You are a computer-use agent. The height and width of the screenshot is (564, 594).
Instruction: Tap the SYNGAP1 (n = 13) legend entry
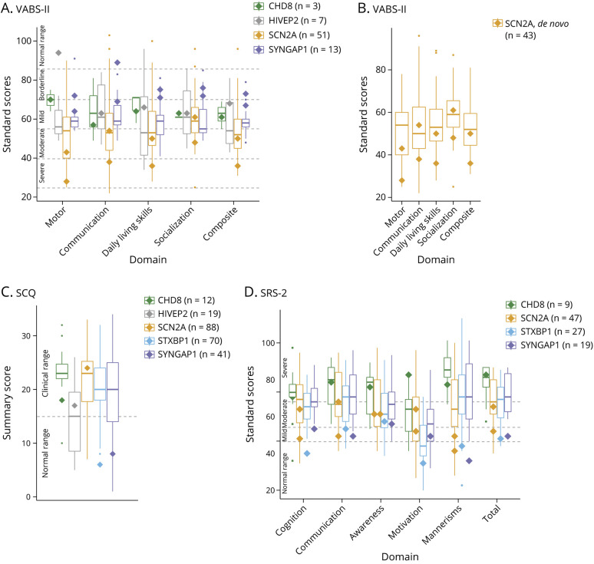click(301, 48)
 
